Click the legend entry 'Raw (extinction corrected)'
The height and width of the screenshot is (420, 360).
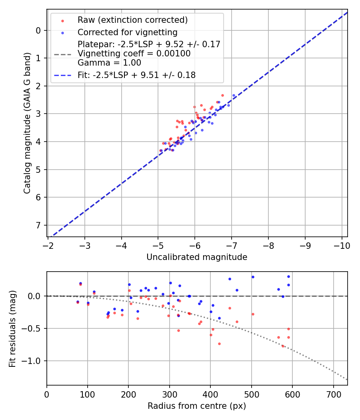(132, 20)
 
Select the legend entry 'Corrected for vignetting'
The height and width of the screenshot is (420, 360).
(128, 32)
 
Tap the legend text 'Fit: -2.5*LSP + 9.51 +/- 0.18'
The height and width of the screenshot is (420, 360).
(136, 75)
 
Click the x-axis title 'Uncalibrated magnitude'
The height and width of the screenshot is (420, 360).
(197, 257)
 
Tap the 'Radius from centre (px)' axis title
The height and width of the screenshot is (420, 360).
(197, 406)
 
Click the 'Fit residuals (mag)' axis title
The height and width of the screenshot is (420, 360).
(12, 328)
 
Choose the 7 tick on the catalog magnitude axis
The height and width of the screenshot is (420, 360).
(38, 225)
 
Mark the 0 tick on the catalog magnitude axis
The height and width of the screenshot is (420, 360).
(38, 30)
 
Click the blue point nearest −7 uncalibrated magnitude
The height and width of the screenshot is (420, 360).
(234, 95)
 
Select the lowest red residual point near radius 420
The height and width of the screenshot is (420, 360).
(219, 344)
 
